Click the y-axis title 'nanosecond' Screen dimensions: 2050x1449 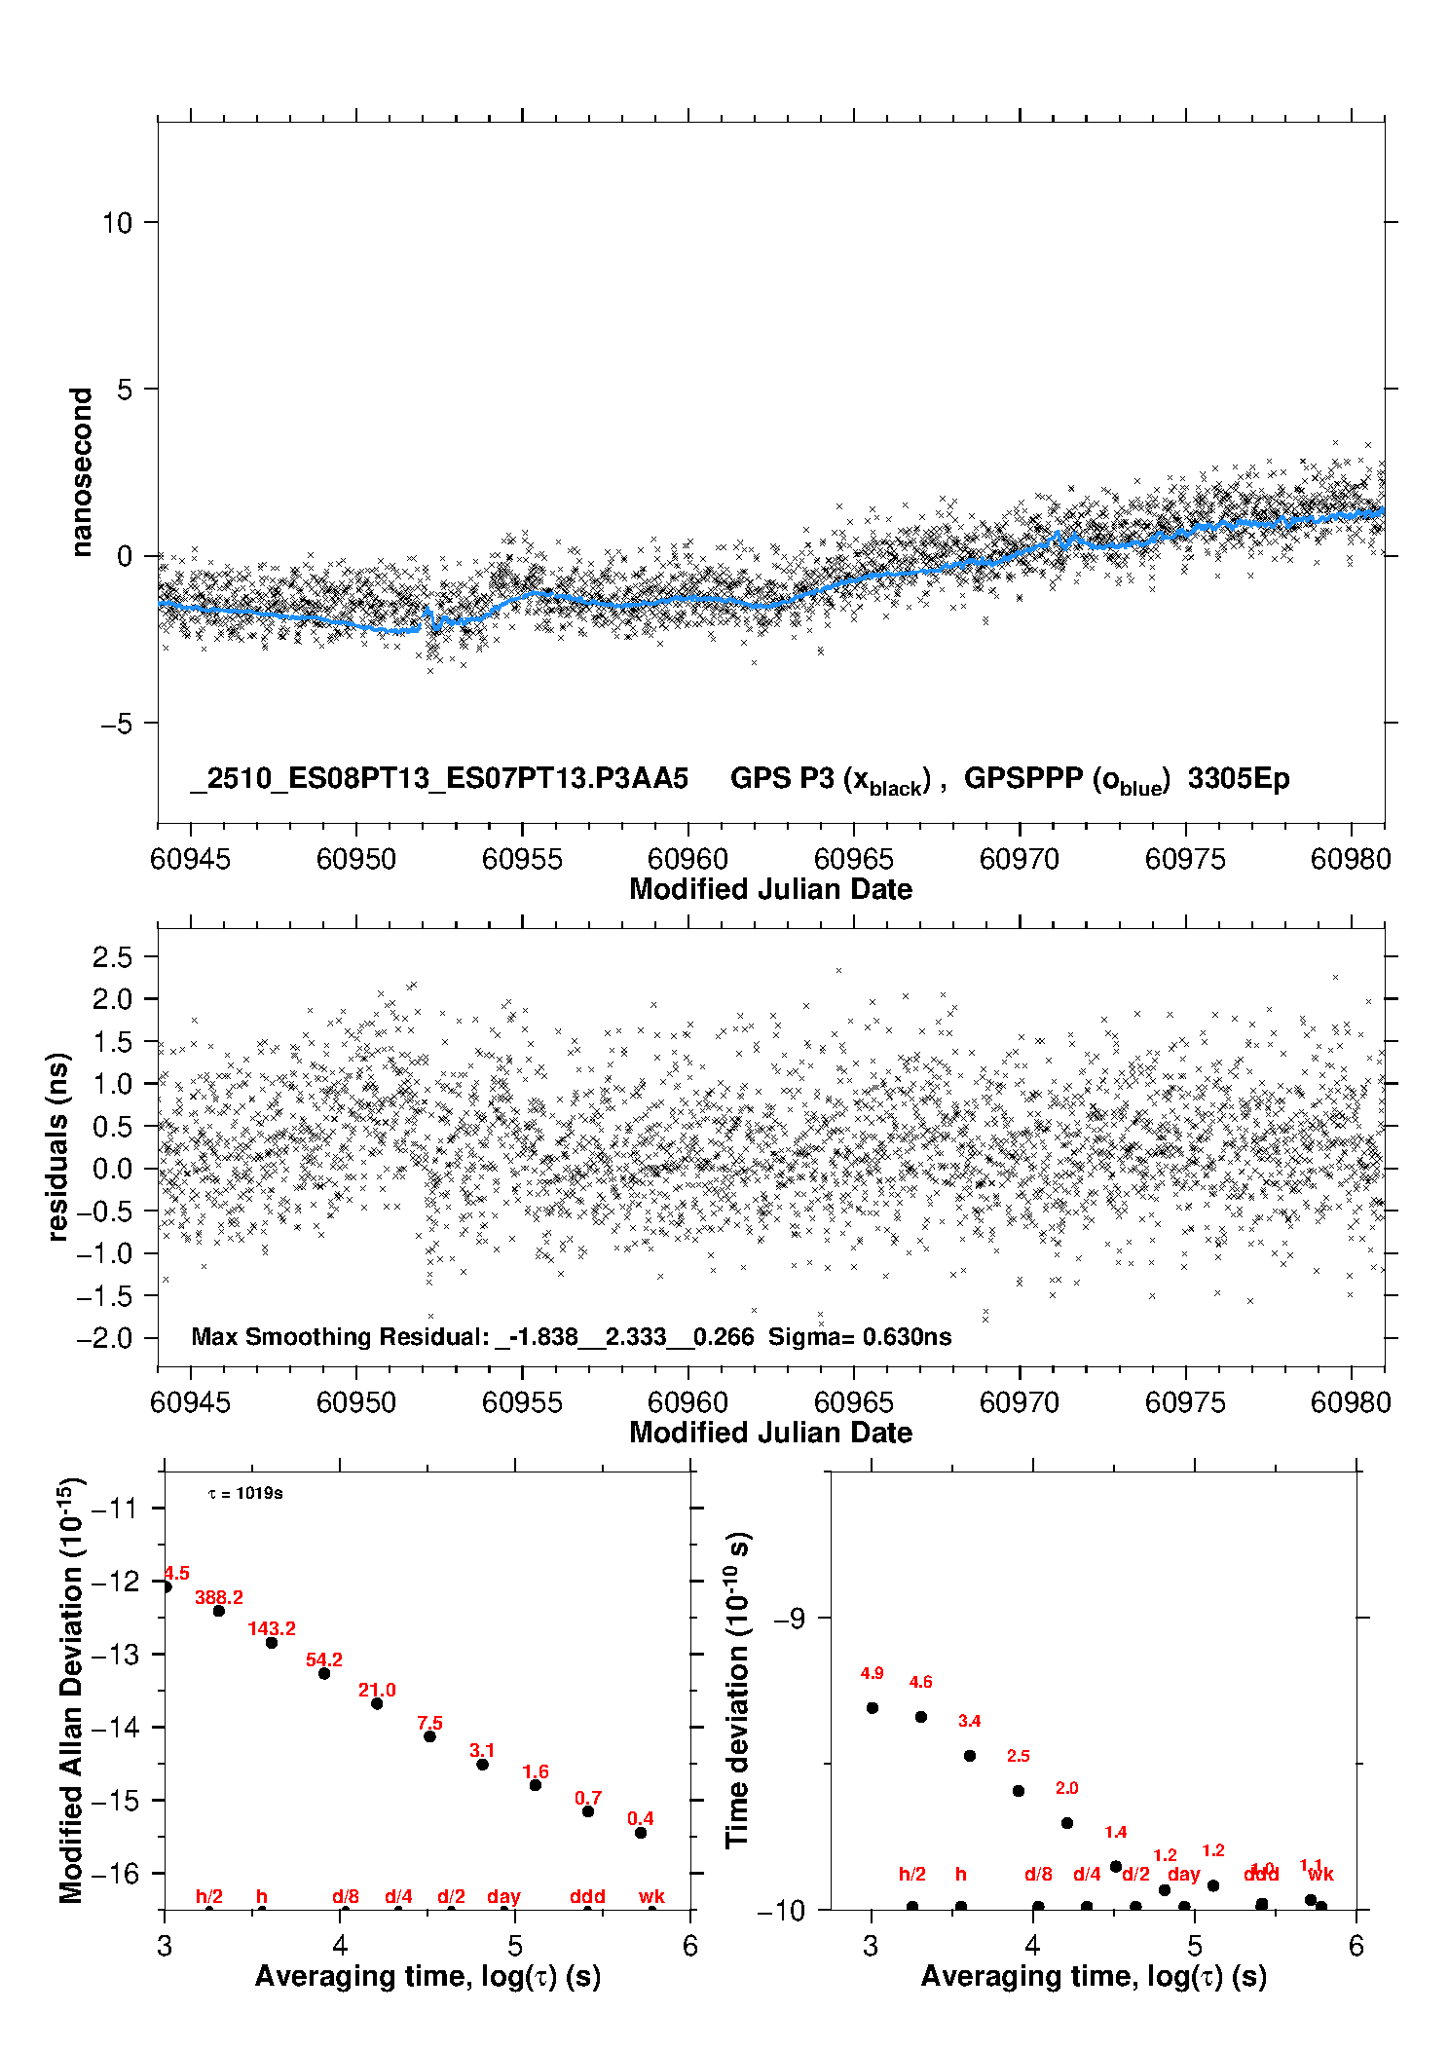82,472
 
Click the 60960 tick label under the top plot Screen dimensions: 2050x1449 687,859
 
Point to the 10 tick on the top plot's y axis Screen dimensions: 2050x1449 117,223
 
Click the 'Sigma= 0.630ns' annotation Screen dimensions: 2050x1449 860,1336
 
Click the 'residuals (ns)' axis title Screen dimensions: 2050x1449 58,1146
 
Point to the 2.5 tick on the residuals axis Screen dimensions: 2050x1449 112,956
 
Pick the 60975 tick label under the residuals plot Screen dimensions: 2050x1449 1185,1402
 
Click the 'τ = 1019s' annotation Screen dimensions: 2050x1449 245,1493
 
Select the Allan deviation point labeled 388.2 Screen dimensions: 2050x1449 219,1611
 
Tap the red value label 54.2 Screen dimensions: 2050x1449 324,1659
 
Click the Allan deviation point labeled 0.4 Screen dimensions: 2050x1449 641,1833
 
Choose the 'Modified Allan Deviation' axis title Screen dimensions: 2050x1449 72,1690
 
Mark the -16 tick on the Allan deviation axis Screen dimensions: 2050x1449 114,1873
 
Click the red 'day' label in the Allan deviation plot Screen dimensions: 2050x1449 503,1896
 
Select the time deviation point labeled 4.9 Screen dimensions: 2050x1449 873,1707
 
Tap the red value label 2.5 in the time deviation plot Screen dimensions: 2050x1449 1019,1756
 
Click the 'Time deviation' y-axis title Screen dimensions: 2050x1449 738,1690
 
